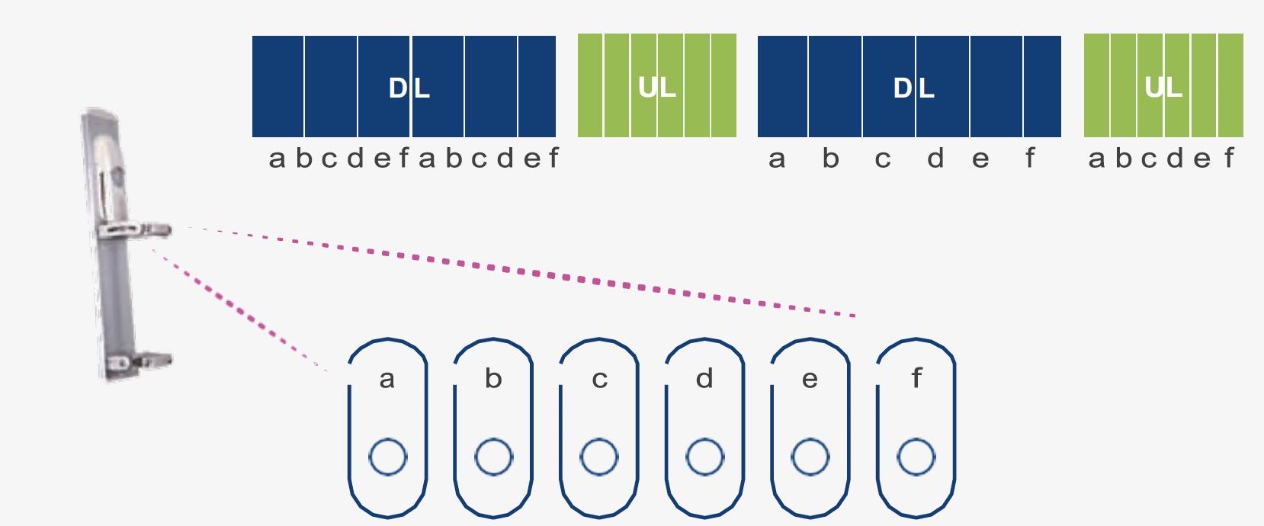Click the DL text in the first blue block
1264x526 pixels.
point(409,88)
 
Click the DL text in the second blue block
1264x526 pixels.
point(913,88)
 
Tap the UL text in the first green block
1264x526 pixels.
point(657,88)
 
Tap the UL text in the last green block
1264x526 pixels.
point(1163,88)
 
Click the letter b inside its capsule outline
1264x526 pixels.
point(493,378)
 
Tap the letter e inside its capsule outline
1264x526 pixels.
point(810,380)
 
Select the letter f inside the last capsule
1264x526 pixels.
point(916,377)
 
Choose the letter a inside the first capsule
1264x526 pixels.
point(387,380)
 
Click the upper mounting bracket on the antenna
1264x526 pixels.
point(136,231)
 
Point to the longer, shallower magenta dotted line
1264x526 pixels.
point(521,271)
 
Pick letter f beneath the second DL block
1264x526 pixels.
point(1030,158)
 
